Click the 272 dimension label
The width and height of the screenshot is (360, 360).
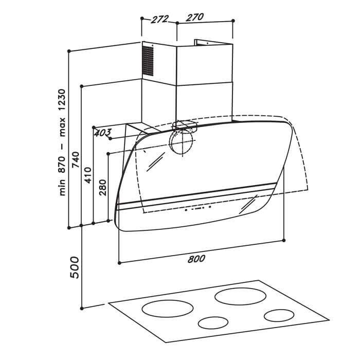(x=160, y=20)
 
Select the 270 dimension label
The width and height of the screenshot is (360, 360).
(x=195, y=17)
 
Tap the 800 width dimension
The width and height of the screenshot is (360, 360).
(x=196, y=259)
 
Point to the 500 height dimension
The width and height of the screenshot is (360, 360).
(x=75, y=267)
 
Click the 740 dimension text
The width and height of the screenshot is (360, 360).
(x=76, y=159)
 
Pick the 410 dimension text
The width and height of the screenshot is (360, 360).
(x=88, y=175)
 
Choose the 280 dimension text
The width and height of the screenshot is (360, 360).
(x=103, y=188)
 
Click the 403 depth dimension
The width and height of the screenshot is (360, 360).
(x=103, y=133)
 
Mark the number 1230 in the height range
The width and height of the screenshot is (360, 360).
(x=62, y=100)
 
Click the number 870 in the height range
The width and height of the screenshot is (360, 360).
(x=62, y=165)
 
